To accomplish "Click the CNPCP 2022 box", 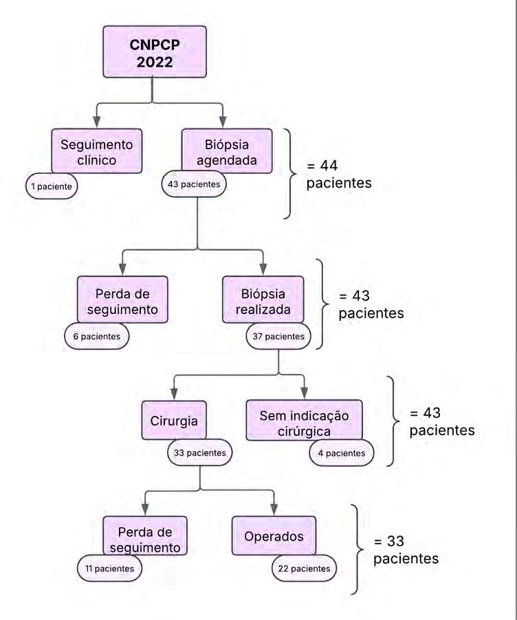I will (155, 52).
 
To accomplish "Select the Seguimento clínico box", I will (97, 152).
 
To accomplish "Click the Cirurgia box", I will (174, 421).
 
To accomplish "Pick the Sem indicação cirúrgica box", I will (305, 421).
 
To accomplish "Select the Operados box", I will (274, 536).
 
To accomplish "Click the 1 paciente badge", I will (52, 186).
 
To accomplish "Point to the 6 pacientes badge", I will (96, 336).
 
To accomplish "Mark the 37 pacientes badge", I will (278, 336).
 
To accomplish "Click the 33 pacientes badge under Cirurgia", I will (200, 453).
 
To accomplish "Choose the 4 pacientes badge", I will (341, 453).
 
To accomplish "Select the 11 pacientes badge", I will (109, 568).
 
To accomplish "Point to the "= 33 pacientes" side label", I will (406, 550).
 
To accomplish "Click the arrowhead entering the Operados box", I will (274, 509).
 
